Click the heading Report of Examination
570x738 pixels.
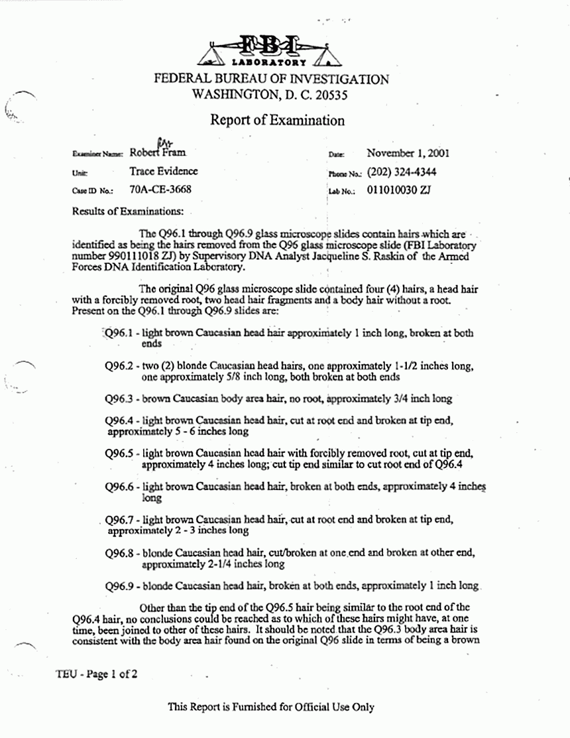277,120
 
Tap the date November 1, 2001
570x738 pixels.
407,153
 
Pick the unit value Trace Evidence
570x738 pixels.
164,171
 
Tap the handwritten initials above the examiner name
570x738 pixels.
162,140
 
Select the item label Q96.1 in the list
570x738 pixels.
119,334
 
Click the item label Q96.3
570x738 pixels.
120,399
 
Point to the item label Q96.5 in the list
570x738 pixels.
120,453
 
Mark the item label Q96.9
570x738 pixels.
120,585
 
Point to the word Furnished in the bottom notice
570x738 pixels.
256,707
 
